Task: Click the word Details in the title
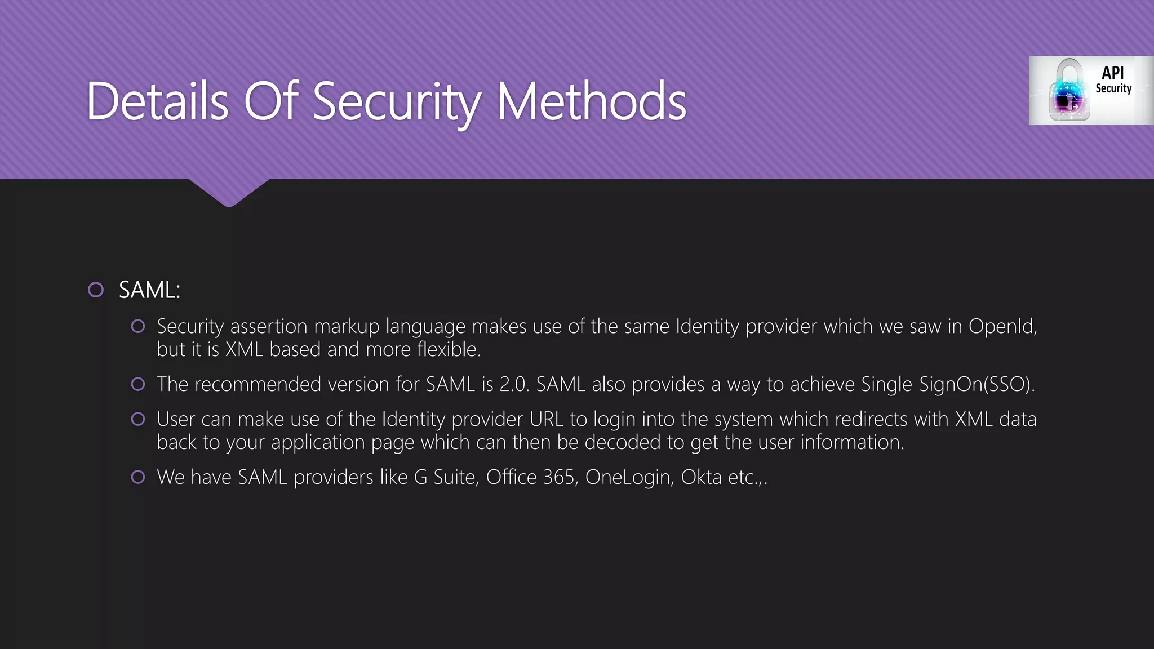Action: point(157,101)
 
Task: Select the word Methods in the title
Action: point(591,101)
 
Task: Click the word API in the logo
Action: point(1112,73)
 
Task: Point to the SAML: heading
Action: point(149,290)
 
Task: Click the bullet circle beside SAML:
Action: point(96,290)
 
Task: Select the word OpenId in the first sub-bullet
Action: point(1002,326)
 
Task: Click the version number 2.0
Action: point(514,384)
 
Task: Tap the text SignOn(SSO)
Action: point(977,384)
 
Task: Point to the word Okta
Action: point(701,477)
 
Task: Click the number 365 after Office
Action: point(559,477)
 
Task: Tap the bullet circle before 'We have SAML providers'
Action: point(138,477)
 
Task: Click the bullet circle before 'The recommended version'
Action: point(138,384)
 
